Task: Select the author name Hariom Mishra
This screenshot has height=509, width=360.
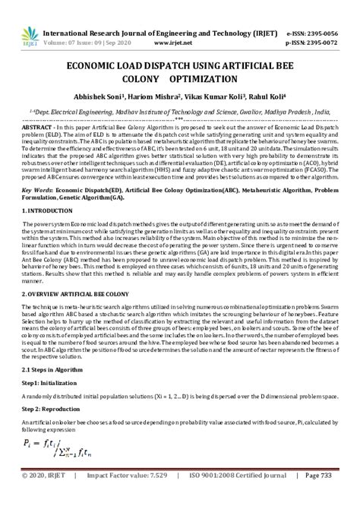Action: [161, 96]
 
